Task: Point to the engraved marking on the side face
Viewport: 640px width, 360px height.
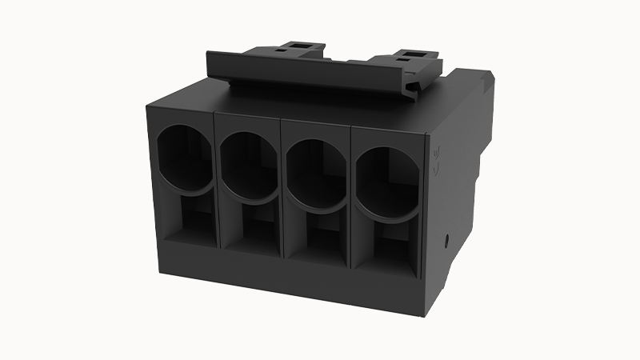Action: pos(436,160)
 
